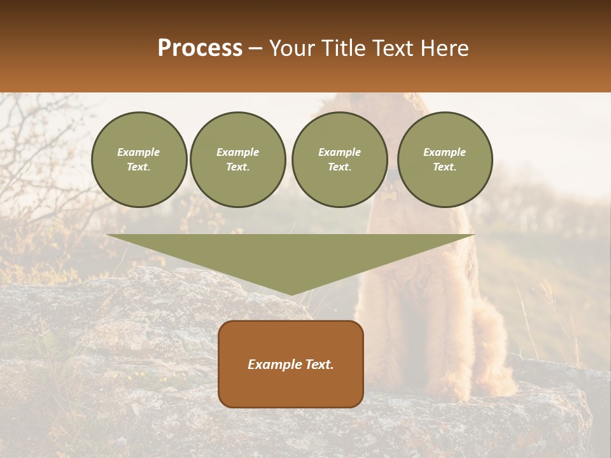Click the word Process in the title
(x=200, y=48)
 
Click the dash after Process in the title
(x=255, y=49)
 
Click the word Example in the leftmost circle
(x=139, y=152)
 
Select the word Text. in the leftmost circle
(x=139, y=167)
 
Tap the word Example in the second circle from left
(x=237, y=152)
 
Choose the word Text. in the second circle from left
(x=237, y=167)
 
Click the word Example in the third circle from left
(x=339, y=152)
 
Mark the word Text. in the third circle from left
(x=339, y=167)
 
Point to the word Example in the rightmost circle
(x=444, y=152)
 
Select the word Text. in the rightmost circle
(x=444, y=167)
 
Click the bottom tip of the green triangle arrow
(x=291, y=294)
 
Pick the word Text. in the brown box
(x=320, y=364)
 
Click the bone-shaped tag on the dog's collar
(x=386, y=198)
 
